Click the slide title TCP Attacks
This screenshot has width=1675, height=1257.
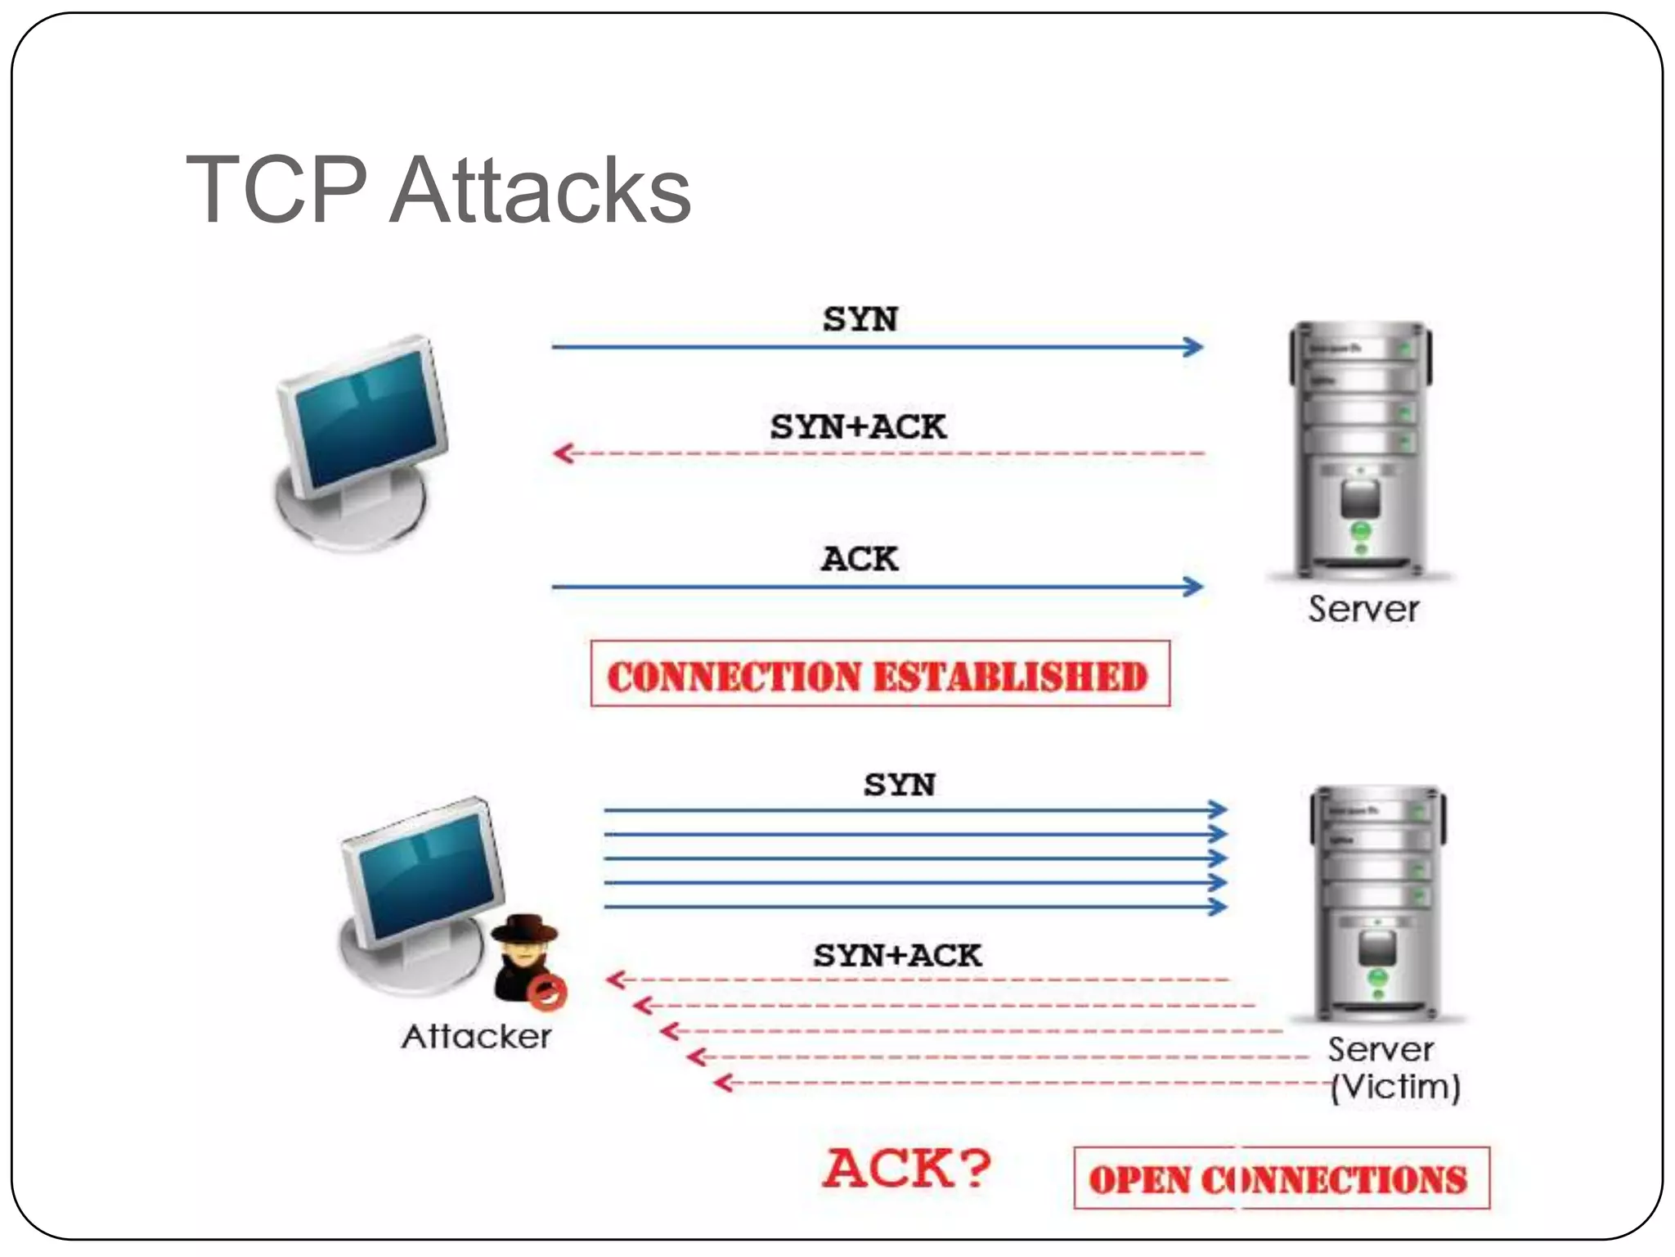(x=438, y=190)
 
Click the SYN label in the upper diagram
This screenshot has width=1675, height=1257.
(x=860, y=319)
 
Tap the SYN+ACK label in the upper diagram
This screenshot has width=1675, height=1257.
(x=858, y=427)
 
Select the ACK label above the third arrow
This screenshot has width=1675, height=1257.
(x=860, y=559)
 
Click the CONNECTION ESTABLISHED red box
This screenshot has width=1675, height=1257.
(x=880, y=674)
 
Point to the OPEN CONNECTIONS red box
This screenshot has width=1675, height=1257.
(x=1281, y=1178)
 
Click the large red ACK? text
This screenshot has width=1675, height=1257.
(x=906, y=1168)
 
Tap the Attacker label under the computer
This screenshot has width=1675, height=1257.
(x=477, y=1037)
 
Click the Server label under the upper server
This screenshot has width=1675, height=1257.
(x=1363, y=610)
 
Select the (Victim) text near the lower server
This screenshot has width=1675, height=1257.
(x=1395, y=1087)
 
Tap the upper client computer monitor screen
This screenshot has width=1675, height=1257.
(x=366, y=417)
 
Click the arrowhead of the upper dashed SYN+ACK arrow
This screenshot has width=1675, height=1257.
(x=562, y=453)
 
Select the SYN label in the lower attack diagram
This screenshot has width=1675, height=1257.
(x=899, y=785)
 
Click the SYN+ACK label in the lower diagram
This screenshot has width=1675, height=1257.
(x=897, y=956)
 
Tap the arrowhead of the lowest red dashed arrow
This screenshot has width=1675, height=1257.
(x=722, y=1084)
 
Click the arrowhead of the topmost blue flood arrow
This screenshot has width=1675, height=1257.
(x=1219, y=809)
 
